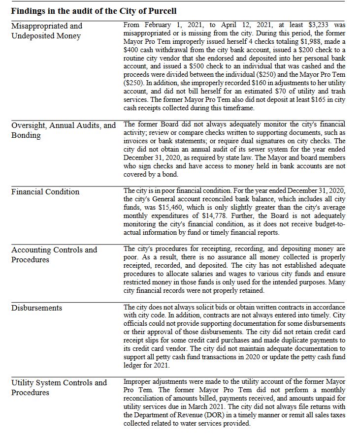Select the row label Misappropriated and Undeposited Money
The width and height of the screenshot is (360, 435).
tap(46, 31)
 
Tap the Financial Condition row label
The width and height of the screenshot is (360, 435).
tap(45, 192)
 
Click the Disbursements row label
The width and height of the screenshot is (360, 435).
tap(37, 308)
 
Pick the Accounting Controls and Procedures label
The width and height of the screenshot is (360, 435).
tap(54, 255)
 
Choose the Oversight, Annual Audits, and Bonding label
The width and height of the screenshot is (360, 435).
tap(64, 130)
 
